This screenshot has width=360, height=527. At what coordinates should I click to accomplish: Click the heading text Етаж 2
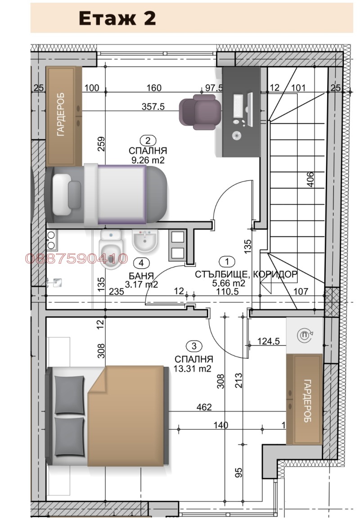click(117, 18)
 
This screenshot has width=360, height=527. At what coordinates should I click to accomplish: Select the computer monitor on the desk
click(238, 106)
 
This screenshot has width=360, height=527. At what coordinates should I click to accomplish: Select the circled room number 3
click(193, 346)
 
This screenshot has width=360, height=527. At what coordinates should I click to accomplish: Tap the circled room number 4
click(142, 262)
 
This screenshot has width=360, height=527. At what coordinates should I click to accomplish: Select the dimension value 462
click(204, 407)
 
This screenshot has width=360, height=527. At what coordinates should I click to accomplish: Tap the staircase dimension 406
click(310, 180)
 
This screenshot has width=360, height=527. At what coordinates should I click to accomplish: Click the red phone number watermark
click(77, 259)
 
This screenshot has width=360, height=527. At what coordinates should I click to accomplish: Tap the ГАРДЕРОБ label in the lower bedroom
click(307, 401)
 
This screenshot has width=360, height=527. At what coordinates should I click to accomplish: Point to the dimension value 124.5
click(269, 342)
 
